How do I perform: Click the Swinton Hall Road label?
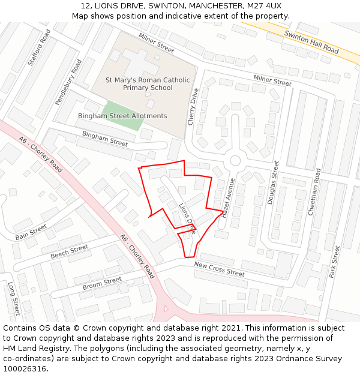coord(312,42)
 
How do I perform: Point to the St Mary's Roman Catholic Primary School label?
coord(148,84)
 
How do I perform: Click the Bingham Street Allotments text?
coord(122,116)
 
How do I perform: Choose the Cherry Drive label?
coord(193,106)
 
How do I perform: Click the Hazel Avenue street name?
coord(228,198)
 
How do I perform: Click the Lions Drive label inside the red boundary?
coord(187,218)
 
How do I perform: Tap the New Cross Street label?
coord(219,269)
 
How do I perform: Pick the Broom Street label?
coord(102,283)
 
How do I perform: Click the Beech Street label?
coord(69,251)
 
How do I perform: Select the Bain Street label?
coord(31,232)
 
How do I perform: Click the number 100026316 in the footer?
coord(25,368)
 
